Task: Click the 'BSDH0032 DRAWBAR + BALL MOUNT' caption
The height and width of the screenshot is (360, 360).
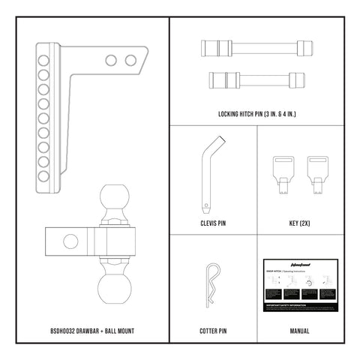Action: tap(92, 330)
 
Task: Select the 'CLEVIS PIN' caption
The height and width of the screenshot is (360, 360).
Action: tap(213, 223)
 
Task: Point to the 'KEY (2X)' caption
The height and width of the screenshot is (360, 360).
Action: tap(298, 223)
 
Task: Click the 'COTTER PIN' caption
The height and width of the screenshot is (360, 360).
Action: tap(213, 330)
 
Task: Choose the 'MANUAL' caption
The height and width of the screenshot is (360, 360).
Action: tap(298, 330)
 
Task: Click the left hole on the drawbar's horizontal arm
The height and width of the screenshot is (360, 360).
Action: tap(112, 60)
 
